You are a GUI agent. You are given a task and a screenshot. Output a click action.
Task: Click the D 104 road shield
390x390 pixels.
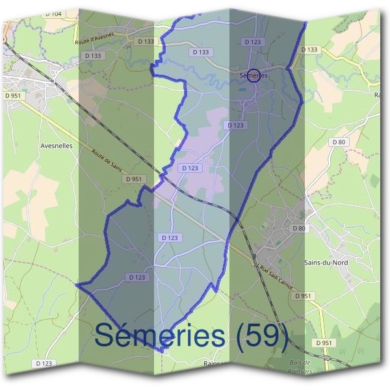[54, 14]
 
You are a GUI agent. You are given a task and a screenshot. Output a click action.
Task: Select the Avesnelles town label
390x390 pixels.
[56, 146]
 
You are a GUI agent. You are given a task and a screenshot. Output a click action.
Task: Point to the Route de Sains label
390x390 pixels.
[107, 162]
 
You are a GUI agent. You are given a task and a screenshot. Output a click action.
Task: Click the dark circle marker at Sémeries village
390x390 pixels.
[254, 75]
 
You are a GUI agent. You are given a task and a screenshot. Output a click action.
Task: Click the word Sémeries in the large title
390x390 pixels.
[159, 335]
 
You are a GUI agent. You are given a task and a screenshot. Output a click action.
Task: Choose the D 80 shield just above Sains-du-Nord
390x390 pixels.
[299, 228]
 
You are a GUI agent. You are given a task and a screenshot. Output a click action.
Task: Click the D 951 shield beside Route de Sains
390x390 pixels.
[135, 179]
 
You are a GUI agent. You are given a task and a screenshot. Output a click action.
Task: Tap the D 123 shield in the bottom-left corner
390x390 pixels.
[42, 363]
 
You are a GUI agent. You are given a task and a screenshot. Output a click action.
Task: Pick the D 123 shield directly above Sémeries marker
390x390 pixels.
[252, 42]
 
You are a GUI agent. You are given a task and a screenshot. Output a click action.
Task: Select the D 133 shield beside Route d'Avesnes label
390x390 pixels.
[146, 41]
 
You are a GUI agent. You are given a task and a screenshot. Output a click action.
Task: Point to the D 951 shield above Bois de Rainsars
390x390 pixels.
[324, 343]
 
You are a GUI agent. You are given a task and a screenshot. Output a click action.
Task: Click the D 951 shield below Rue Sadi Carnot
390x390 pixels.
[303, 296]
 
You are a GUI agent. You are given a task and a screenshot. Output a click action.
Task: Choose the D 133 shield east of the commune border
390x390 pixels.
[310, 49]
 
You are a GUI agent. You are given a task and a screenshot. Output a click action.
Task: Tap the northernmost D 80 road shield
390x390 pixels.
[338, 142]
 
